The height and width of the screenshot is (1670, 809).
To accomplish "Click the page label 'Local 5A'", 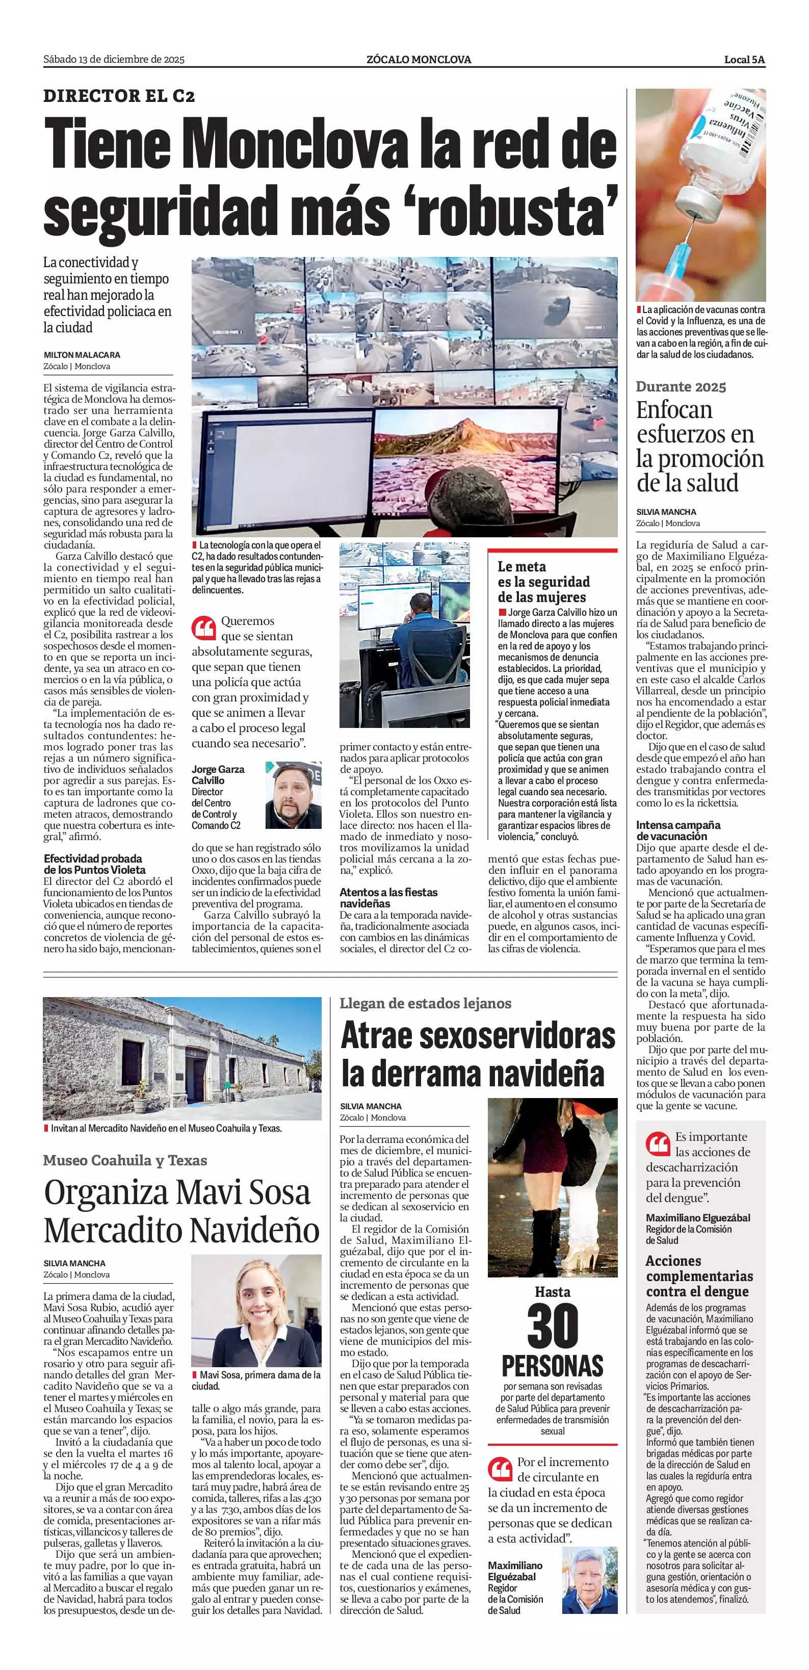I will [x=744, y=60].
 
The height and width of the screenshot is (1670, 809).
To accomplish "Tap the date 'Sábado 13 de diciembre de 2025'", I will [x=114, y=60].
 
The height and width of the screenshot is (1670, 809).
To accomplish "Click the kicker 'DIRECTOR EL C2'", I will [x=119, y=96].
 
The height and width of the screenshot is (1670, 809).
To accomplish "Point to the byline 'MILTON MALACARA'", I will [x=82, y=355].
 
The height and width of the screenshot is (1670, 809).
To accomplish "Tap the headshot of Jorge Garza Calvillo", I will [x=293, y=795].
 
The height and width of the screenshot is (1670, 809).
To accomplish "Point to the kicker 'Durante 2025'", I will [x=681, y=387].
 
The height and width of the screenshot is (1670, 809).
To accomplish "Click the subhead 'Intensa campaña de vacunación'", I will [x=678, y=830].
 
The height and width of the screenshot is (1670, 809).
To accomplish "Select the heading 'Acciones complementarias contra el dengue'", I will [x=699, y=1276].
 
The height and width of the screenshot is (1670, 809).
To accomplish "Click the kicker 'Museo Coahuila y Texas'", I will [x=125, y=1160].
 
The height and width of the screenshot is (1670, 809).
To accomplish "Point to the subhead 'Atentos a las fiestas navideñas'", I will [x=388, y=898].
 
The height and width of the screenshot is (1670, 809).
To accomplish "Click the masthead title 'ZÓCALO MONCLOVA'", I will [x=419, y=60].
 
